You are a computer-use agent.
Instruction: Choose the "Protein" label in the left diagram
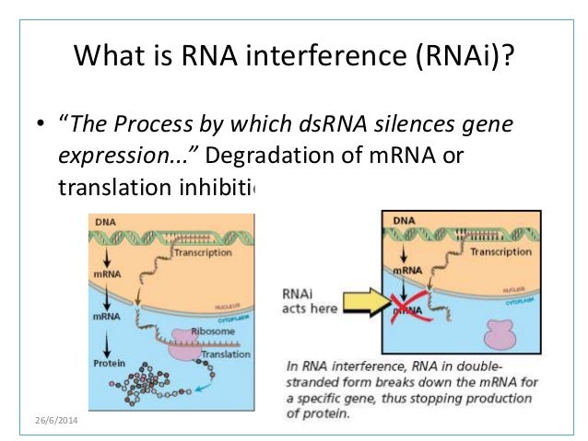tap(108, 364)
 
